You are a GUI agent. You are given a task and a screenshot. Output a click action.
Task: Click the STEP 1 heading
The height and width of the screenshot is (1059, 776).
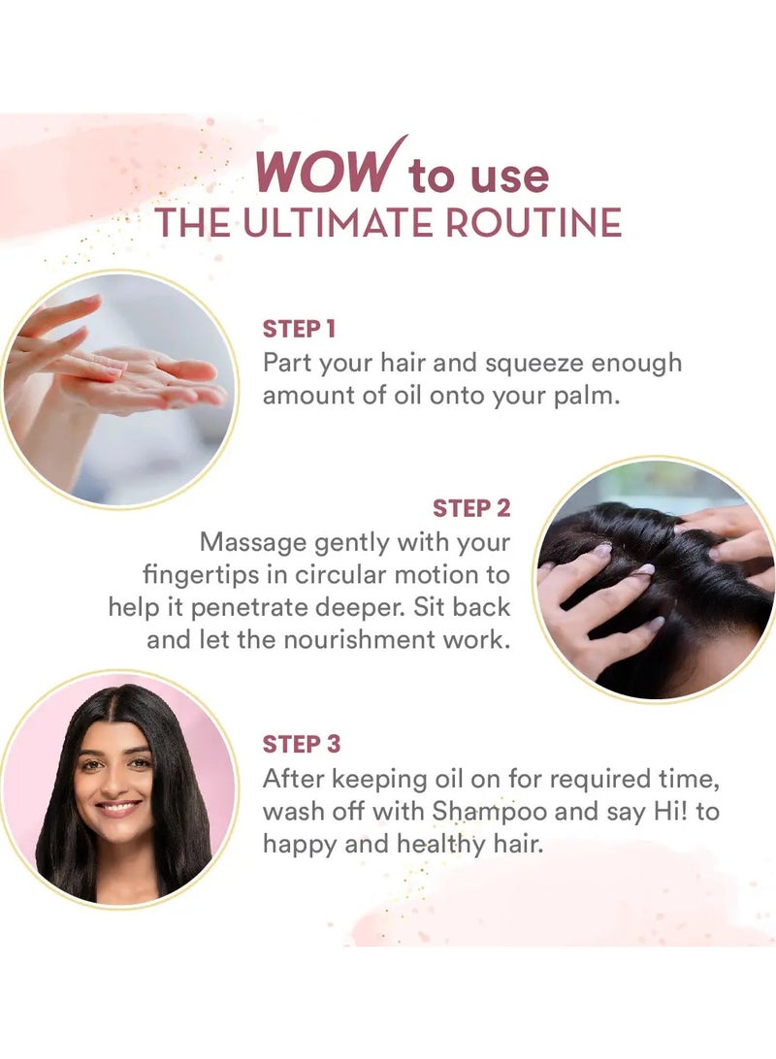pos(299,329)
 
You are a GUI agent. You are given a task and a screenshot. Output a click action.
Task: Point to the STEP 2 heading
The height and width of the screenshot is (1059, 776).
pos(471,508)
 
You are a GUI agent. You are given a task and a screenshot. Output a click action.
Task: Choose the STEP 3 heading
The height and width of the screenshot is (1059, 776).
pos(302,744)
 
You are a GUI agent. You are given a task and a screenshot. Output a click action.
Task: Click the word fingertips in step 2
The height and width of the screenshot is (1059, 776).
pos(202,575)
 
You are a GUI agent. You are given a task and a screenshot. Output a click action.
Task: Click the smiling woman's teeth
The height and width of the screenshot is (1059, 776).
pos(119,806)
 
